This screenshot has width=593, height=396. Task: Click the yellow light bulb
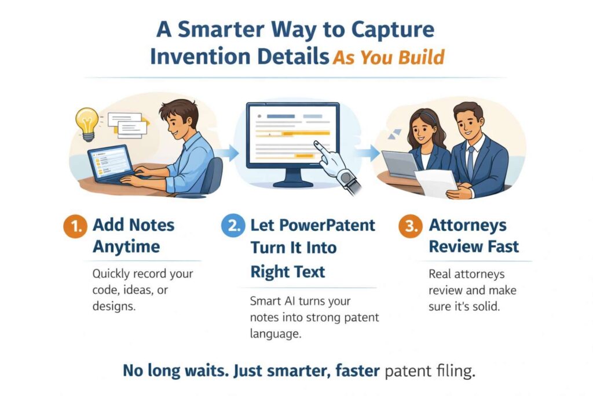87,122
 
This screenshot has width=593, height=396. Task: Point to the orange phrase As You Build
389,57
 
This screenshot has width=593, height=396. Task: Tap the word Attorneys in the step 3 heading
467,225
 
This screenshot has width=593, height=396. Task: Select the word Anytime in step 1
126,247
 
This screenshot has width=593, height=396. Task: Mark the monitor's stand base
292,183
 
